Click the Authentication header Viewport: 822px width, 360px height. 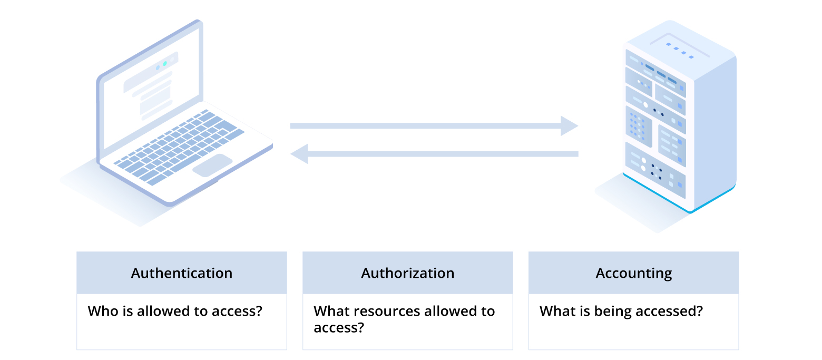[x=181, y=273]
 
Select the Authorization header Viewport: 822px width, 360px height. [x=407, y=273]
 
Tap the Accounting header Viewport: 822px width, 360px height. [x=633, y=273]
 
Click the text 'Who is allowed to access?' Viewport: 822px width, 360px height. [x=175, y=311]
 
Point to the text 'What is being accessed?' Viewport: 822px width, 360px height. [x=621, y=311]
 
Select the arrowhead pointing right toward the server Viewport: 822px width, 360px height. [x=569, y=126]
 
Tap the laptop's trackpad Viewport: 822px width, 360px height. [x=212, y=164]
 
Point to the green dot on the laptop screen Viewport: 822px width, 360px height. [x=165, y=63]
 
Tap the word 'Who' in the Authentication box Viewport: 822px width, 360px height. [x=100, y=311]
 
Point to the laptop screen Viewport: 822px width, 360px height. [x=150, y=90]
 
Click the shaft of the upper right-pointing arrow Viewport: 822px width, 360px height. [x=422, y=126]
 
